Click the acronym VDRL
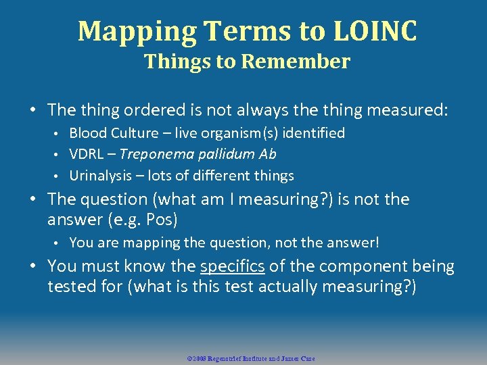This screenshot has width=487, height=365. coord(85,154)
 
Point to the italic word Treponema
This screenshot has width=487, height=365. coord(154,154)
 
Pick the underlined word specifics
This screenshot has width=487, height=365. coord(232,266)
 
